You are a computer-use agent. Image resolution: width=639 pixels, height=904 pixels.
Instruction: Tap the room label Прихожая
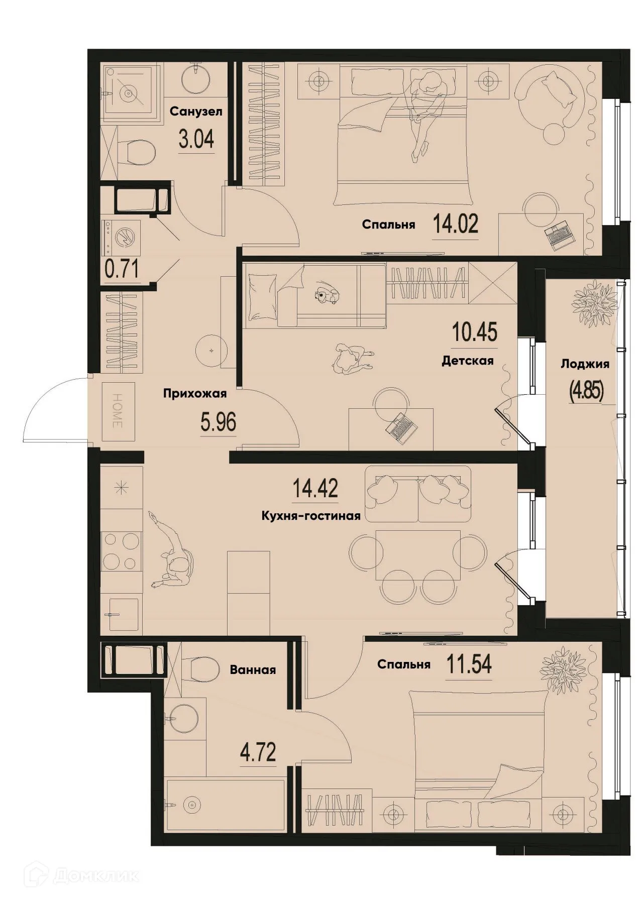click(x=194, y=394)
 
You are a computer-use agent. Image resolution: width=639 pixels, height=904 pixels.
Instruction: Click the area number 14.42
click(x=315, y=488)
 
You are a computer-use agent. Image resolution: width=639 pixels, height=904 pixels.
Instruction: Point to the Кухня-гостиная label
click(x=311, y=516)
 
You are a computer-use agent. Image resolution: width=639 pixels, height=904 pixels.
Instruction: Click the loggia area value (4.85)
click(x=585, y=390)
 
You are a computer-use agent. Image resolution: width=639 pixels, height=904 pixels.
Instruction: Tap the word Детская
click(x=467, y=361)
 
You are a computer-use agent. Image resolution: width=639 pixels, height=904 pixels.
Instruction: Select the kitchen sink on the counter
click(x=120, y=614)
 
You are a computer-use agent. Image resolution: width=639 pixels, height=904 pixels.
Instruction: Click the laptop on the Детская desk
click(x=402, y=428)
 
